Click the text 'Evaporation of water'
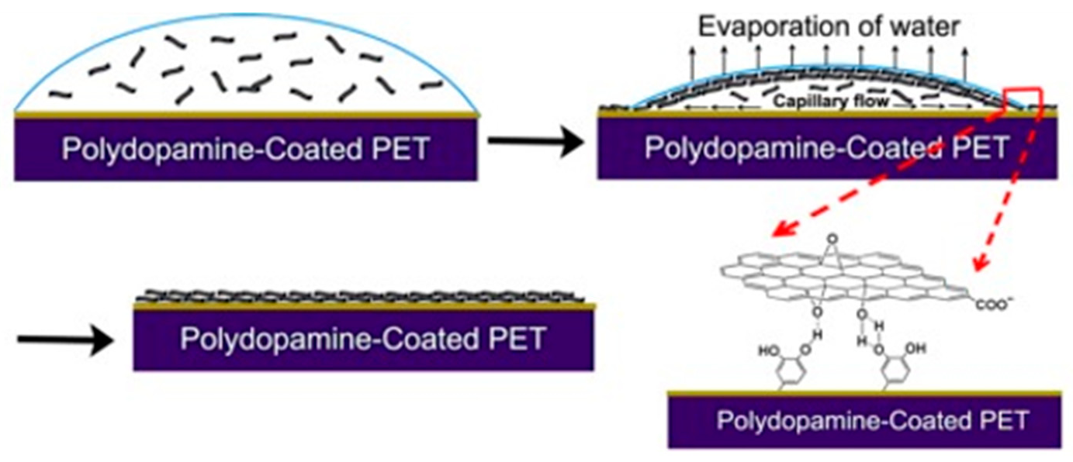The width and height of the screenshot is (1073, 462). click(x=829, y=26)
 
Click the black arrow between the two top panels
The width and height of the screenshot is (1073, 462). click(x=535, y=143)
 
